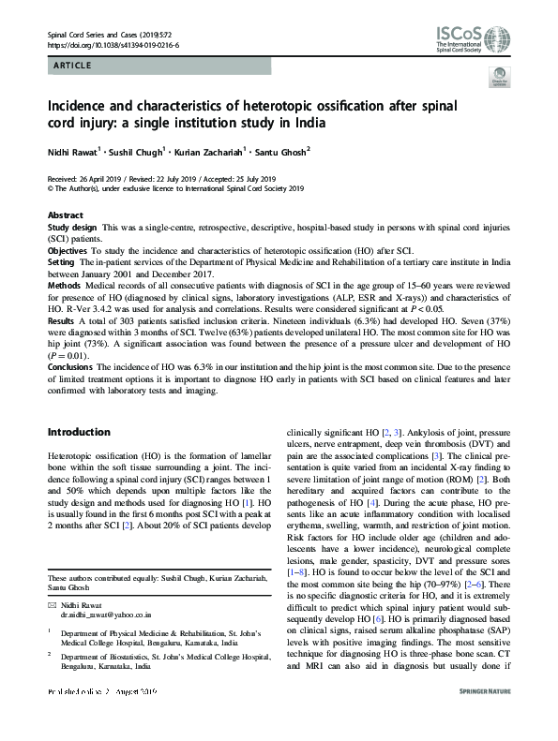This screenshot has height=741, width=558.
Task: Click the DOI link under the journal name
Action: coord(113,44)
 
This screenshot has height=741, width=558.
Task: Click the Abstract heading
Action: coord(65,215)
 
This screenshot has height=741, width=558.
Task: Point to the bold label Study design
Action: coord(73,229)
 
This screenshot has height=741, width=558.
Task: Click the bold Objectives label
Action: coord(68,252)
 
